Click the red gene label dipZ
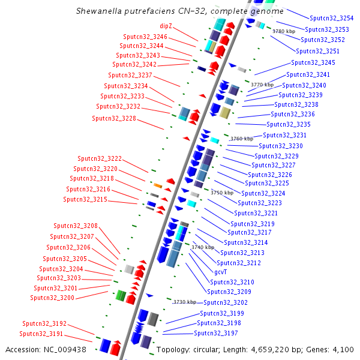tap(166, 26)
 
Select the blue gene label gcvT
tap(221, 272)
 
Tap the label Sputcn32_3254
tap(331, 19)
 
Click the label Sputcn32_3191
tap(41, 334)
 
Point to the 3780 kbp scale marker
tap(284, 31)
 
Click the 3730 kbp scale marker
tap(184, 302)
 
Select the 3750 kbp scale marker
tap(222, 193)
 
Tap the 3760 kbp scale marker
tap(242, 139)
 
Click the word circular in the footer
tap(209, 349)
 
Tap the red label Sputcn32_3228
tap(114, 118)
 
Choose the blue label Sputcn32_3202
tap(226, 302)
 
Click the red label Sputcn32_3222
tap(100, 158)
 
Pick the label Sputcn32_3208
tap(76, 226)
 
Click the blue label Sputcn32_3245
tap(313, 62)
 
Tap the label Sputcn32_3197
tap(216, 333)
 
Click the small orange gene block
tap(158, 185)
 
